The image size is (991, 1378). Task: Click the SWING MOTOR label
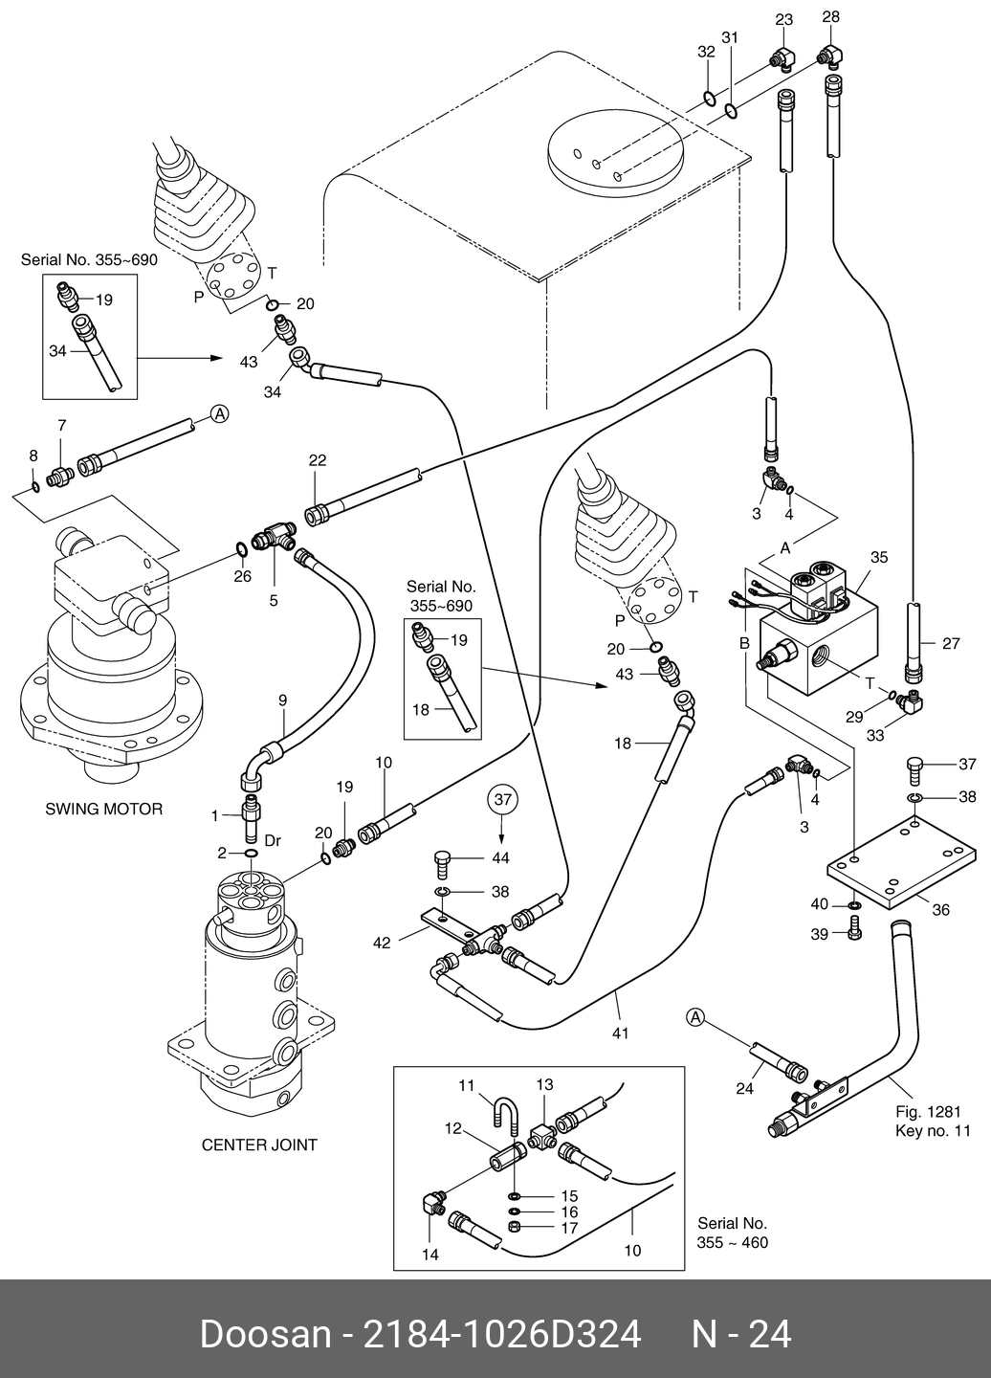pyautogui.click(x=104, y=809)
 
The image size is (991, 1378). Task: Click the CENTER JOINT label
pyautogui.click(x=259, y=1145)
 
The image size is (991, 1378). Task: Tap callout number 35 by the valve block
pyautogui.click(x=879, y=557)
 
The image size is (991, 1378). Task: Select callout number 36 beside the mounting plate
pyautogui.click(x=940, y=910)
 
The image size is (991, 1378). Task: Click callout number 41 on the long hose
pyautogui.click(x=620, y=1033)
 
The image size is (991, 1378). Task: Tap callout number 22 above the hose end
pyautogui.click(x=318, y=460)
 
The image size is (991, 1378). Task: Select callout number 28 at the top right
pyautogui.click(x=830, y=17)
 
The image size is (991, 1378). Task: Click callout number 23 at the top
pyautogui.click(x=784, y=19)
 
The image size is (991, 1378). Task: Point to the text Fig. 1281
pyautogui.click(x=928, y=1111)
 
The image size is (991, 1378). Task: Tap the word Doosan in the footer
pyautogui.click(x=263, y=1334)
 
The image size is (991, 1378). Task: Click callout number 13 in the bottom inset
pyautogui.click(x=544, y=1084)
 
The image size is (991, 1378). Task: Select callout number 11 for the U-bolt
pyautogui.click(x=467, y=1084)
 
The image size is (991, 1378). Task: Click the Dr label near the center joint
pyautogui.click(x=273, y=840)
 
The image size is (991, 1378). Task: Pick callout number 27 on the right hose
pyautogui.click(x=951, y=644)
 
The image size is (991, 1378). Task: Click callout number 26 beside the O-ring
pyautogui.click(x=243, y=576)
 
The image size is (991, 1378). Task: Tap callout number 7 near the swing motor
pyautogui.click(x=62, y=425)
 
